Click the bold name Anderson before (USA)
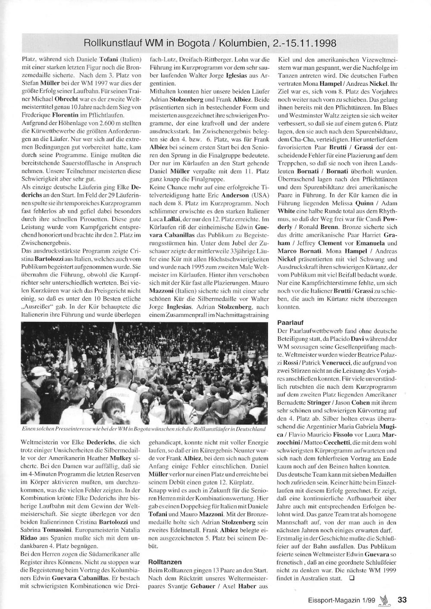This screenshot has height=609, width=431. [235, 195]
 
